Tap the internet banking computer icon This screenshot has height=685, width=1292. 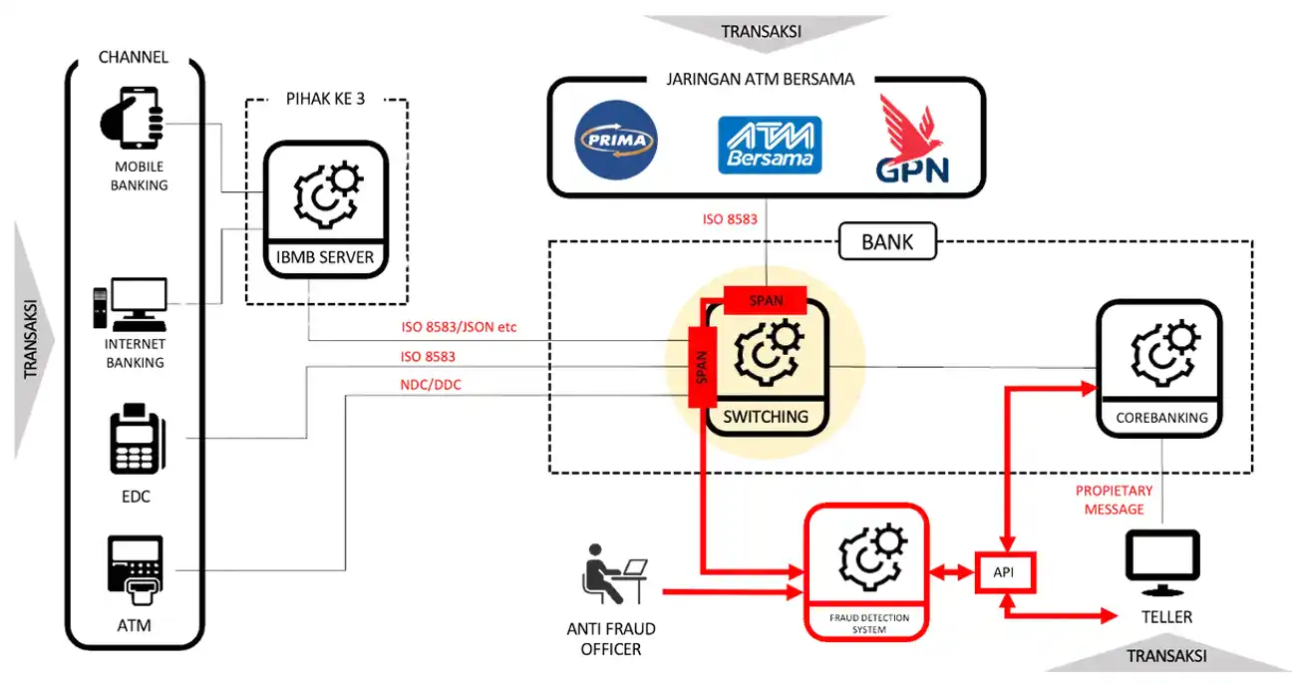coord(131,303)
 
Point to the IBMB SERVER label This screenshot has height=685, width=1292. coord(325,257)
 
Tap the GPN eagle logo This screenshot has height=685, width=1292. coord(911,140)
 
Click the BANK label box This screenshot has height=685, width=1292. coord(886,241)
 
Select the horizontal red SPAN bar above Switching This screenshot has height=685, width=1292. coord(766,299)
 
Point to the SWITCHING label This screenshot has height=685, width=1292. coord(767,417)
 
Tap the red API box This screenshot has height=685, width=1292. coord(1004,572)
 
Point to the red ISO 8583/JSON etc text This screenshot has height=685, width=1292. coord(458,327)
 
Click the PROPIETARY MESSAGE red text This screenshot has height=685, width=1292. coord(1114,500)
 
